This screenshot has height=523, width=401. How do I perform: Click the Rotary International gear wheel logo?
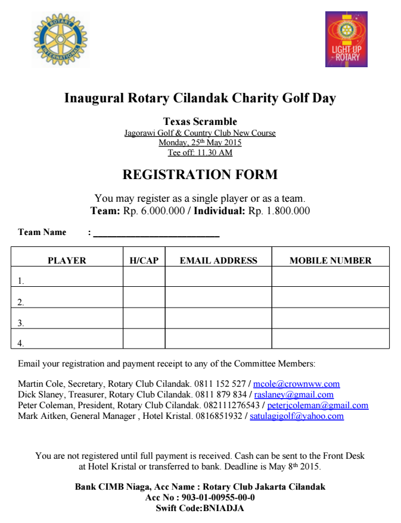[x=60, y=40]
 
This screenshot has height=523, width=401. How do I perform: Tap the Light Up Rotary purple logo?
[x=346, y=39]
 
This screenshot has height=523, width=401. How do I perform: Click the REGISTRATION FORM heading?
[x=200, y=175]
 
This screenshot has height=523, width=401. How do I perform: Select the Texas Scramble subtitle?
[x=200, y=122]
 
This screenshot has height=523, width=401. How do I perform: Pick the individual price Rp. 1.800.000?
[x=279, y=211]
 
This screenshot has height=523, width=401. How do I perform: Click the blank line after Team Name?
[x=156, y=233]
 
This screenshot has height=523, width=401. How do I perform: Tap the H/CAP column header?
[x=144, y=261]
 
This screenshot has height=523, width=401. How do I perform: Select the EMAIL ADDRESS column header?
[x=219, y=261]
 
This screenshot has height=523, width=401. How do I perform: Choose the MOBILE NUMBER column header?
[x=330, y=261]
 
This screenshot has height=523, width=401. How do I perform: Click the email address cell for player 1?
[x=219, y=277]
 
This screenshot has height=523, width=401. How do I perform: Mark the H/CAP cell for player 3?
[x=144, y=318]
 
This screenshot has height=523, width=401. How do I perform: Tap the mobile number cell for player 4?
[x=330, y=339]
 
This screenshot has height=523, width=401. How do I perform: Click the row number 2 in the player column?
[x=21, y=302]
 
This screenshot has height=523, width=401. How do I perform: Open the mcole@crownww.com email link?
[x=296, y=384]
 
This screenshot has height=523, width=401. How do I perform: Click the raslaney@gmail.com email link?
[x=294, y=394]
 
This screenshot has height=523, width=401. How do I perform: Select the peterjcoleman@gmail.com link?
[x=318, y=405]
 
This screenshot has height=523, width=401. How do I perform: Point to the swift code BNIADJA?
[x=223, y=508]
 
